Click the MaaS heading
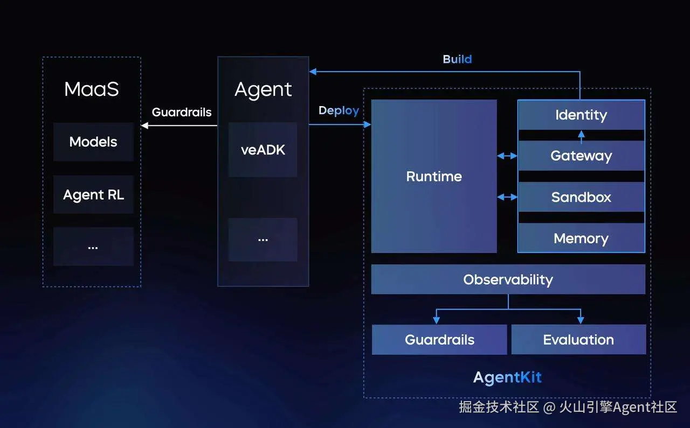pos(92,89)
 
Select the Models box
pos(93,142)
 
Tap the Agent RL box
pos(93,194)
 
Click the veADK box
pos(263,150)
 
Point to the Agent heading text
pos(263,89)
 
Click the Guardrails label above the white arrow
pos(182,112)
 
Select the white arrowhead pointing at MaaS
pos(144,125)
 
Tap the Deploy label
pos(339,110)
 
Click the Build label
pos(457,59)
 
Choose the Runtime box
pos(434,176)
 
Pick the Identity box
pos(581,115)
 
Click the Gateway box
pos(581,156)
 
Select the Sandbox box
pos(581,197)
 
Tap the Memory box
pos(581,238)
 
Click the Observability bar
pos(508,279)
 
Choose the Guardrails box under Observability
pos(439,340)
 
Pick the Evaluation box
pos(578,340)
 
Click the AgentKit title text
pos(507,377)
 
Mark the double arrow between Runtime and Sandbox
pos(507,197)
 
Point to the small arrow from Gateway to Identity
pos(581,136)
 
